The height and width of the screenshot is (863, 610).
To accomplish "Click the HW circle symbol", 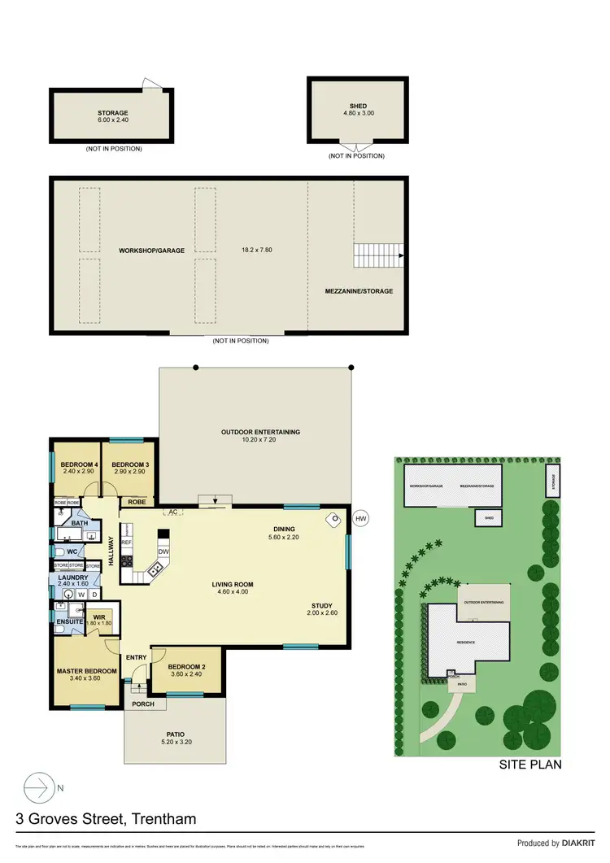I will [x=361, y=517].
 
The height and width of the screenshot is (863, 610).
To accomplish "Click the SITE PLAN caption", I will [x=529, y=765].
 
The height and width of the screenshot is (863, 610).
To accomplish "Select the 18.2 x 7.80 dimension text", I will [x=256, y=250].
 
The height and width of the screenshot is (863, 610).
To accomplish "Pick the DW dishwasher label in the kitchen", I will [x=163, y=551].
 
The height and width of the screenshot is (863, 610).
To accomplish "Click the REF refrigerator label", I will [x=126, y=542].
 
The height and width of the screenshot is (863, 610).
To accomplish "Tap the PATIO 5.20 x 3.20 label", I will [x=176, y=737].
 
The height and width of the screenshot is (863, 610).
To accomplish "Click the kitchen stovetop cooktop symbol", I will [x=126, y=560].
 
